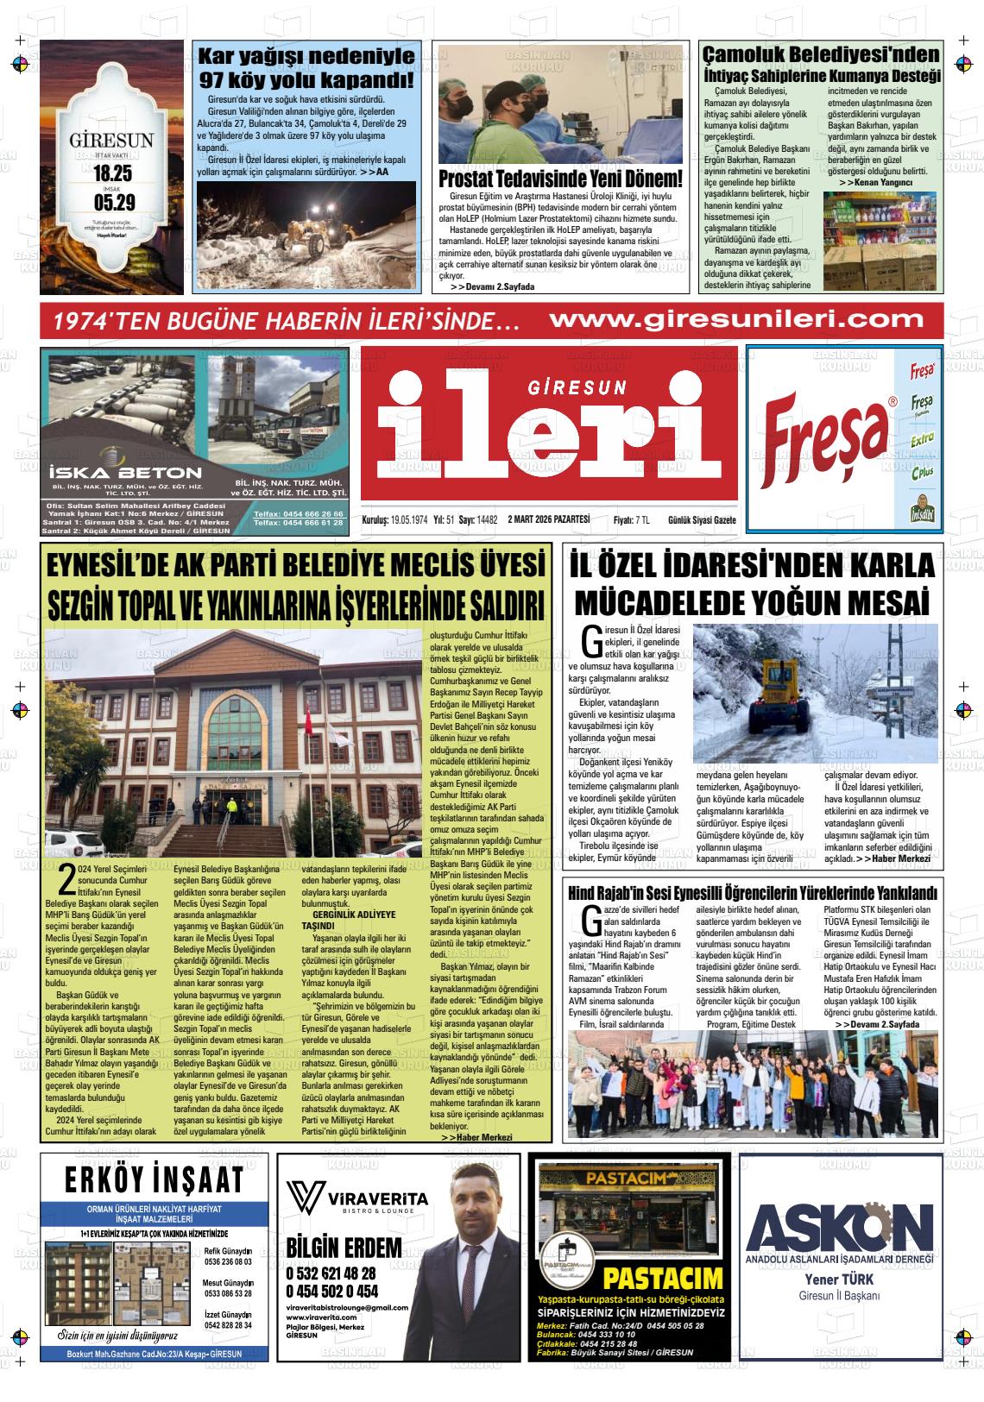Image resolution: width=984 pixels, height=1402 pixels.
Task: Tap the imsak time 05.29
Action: tap(113, 204)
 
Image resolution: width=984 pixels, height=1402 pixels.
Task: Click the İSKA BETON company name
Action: tap(126, 472)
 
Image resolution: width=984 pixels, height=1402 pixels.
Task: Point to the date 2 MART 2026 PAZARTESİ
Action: tap(549, 519)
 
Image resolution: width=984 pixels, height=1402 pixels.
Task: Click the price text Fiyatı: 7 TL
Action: tap(631, 519)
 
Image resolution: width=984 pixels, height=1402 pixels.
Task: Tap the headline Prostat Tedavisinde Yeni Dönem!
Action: tap(560, 180)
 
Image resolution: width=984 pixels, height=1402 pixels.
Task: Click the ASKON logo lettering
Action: tap(840, 1223)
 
